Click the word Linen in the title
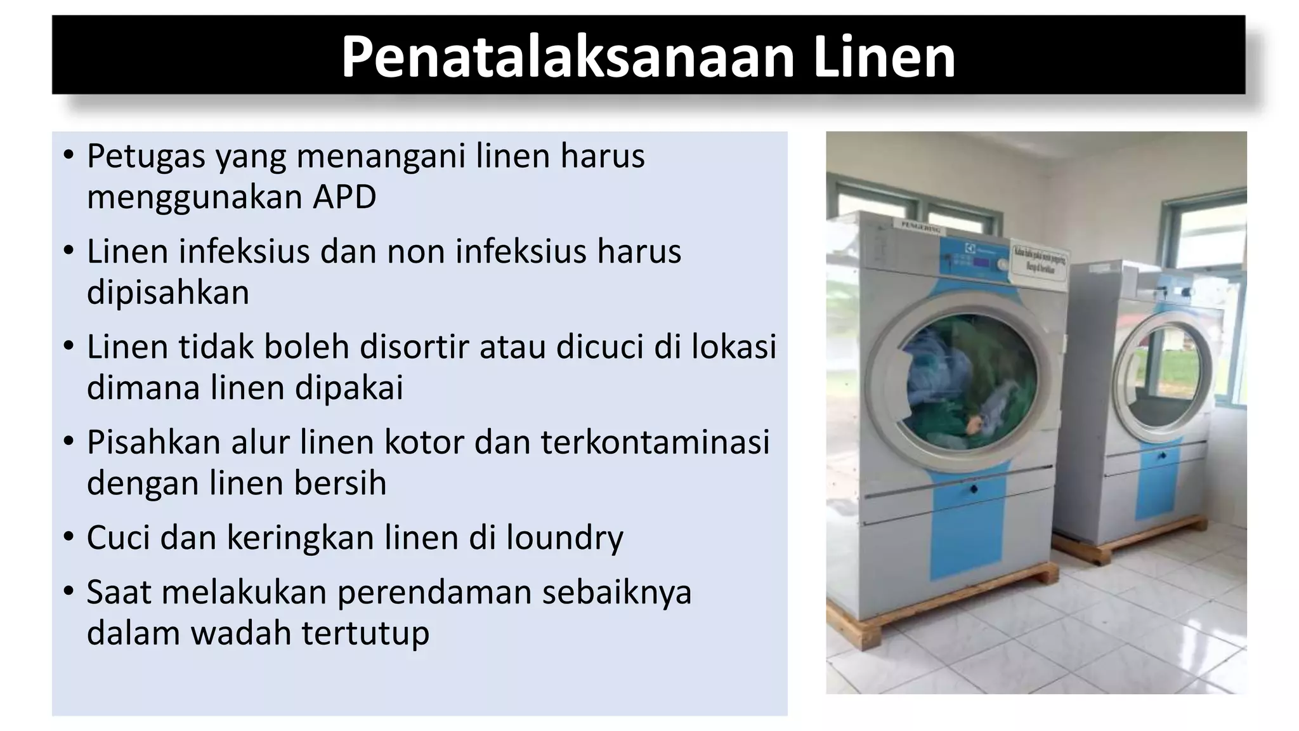884,57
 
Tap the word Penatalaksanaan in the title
568,57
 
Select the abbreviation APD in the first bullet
344,197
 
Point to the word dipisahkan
168,293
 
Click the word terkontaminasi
655,442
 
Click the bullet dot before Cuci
69,537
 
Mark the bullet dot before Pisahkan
69,442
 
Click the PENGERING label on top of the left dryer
920,227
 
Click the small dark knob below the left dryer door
973,489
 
